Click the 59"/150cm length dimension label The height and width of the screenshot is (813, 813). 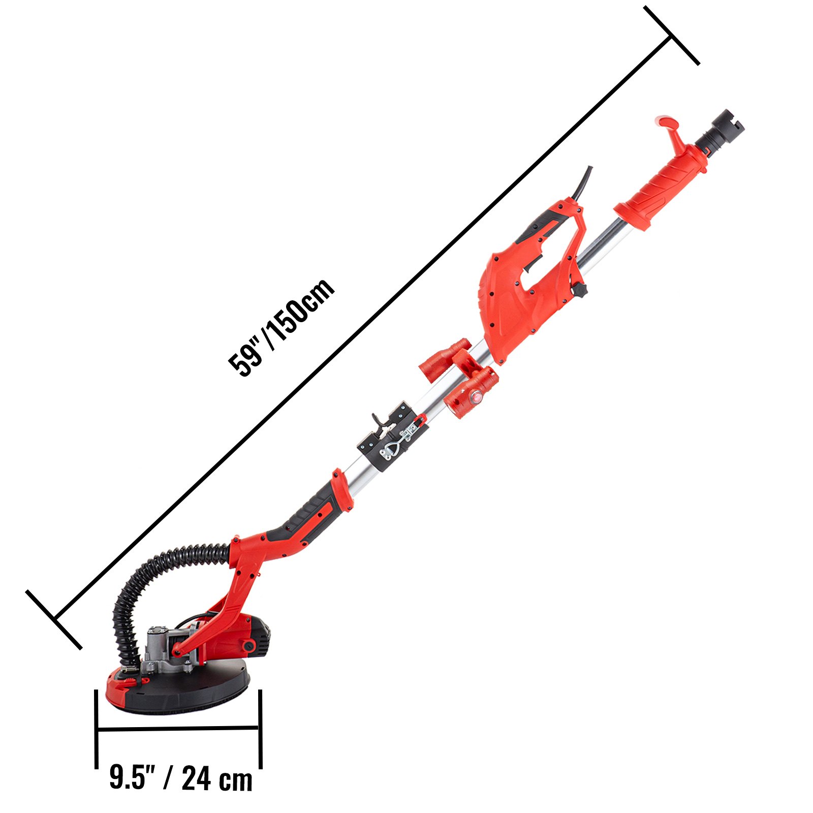281,328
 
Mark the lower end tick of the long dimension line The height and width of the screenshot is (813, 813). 54,619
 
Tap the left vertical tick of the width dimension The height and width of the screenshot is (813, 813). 96,729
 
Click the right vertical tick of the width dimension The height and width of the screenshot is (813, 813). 260,729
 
